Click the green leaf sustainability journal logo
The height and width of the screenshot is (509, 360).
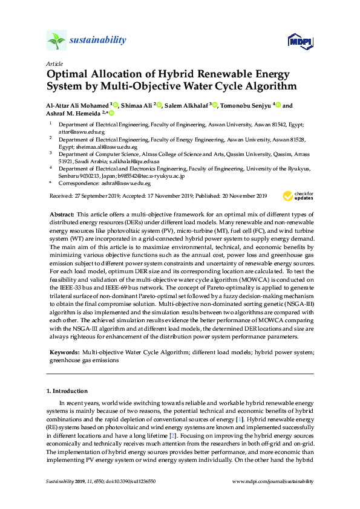[56, 41]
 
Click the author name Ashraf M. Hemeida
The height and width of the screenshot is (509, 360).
[74, 113]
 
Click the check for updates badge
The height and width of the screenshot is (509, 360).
[296, 196]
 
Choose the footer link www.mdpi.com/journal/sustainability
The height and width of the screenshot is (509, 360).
[273, 481]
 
